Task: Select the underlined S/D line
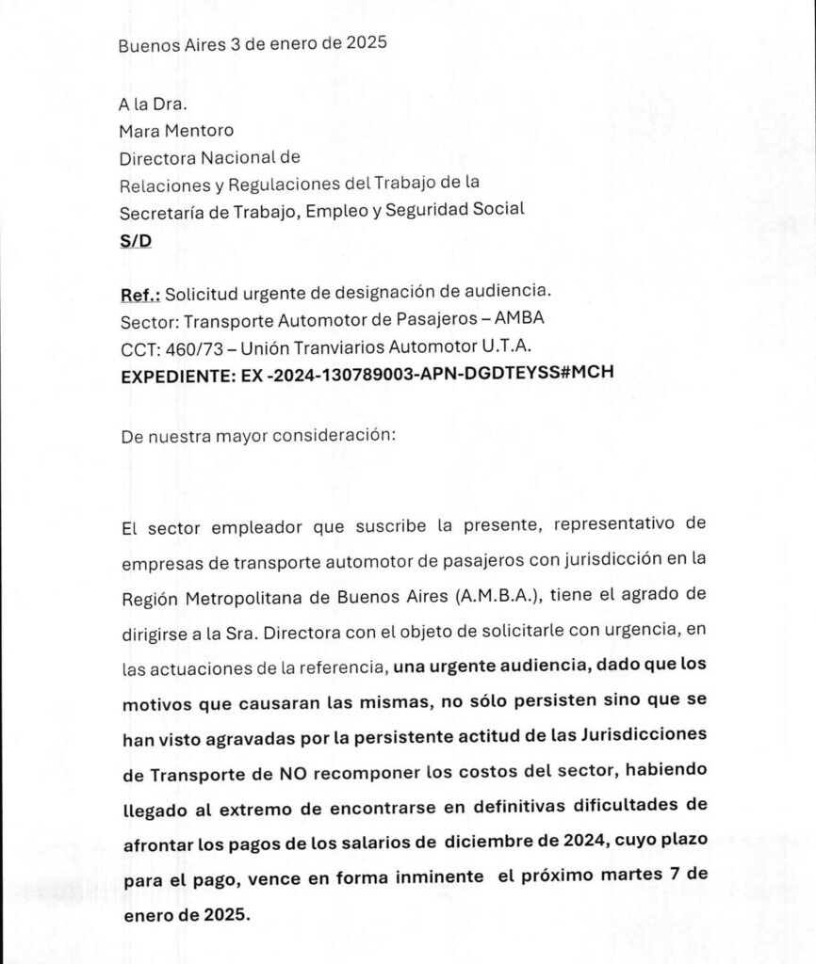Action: click(x=135, y=239)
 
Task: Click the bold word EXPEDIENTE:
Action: click(x=180, y=372)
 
